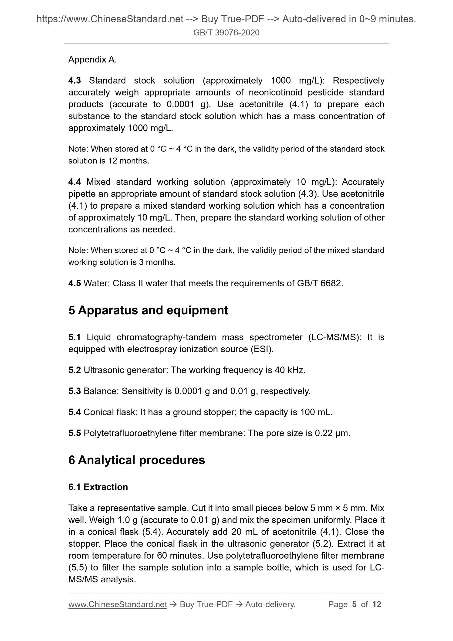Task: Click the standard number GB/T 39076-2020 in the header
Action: click(x=226, y=33)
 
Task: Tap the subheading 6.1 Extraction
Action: click(x=98, y=487)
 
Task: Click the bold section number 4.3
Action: click(x=74, y=80)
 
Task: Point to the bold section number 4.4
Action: click(x=74, y=182)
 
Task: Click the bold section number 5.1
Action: click(x=74, y=337)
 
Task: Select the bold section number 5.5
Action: click(x=74, y=433)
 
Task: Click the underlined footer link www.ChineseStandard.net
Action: click(x=118, y=604)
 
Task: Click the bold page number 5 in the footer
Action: click(x=354, y=604)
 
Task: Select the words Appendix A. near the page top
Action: click(x=92, y=59)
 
